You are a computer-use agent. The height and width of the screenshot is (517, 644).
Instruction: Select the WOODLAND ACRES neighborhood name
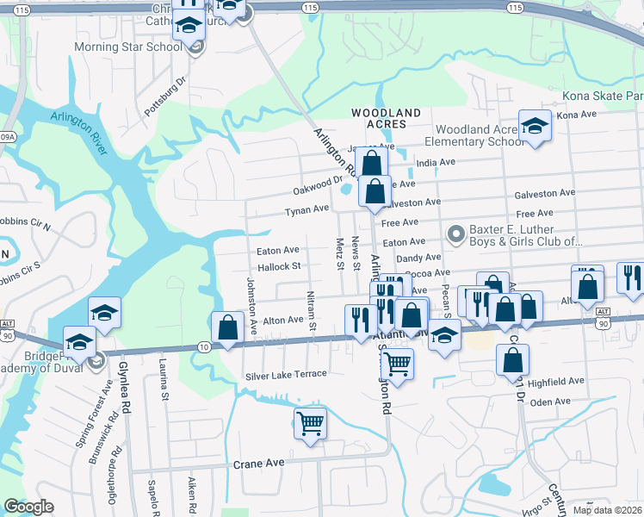(386, 118)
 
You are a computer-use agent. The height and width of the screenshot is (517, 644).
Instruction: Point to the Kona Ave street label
(577, 114)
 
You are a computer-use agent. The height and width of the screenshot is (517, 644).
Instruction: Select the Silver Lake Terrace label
(286, 374)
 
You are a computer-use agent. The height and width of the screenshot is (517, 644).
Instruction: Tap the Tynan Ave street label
(307, 209)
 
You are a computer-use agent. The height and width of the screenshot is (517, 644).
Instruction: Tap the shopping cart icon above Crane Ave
(310, 423)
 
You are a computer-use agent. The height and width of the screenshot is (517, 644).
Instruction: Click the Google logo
(28, 507)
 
